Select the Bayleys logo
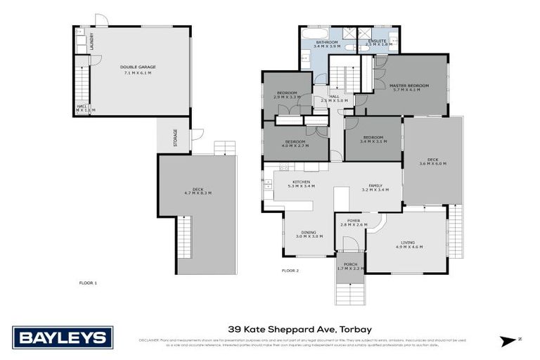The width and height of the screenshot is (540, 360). [x=63, y=337]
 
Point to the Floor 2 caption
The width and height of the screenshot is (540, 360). [x=290, y=269]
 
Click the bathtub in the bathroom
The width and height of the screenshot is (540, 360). [x=313, y=32]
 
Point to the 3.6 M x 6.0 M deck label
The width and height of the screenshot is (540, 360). [x=432, y=162]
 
